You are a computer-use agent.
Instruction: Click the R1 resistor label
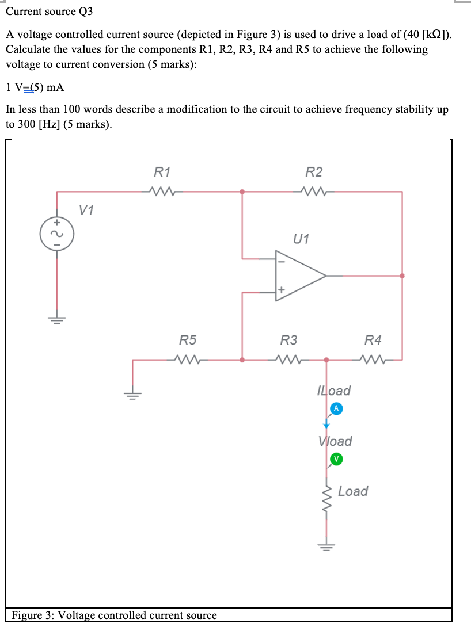click(x=162, y=171)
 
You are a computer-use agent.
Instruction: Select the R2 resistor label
click(x=314, y=171)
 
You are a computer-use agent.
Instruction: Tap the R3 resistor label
click(x=288, y=340)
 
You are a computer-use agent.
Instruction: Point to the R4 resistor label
click(x=373, y=340)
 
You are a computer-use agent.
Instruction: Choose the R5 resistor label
click(x=187, y=340)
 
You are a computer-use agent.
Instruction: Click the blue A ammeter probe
click(x=336, y=408)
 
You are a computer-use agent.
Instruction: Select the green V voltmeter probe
click(x=336, y=458)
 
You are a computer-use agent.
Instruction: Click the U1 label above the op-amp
click(x=301, y=238)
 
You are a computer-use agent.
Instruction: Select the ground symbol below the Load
click(x=327, y=546)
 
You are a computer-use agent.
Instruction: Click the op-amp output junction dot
click(x=402, y=276)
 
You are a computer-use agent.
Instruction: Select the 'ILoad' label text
click(x=334, y=391)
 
